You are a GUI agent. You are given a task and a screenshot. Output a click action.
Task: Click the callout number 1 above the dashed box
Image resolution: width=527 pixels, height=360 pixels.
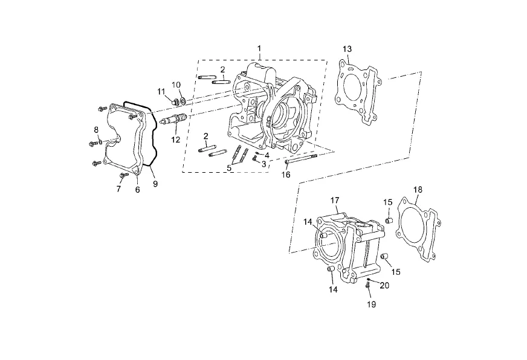click(259, 49)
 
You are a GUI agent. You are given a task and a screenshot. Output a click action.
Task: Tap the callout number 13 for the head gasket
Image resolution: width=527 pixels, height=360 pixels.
click(347, 49)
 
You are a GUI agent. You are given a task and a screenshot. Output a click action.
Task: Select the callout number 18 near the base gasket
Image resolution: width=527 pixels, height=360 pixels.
click(418, 190)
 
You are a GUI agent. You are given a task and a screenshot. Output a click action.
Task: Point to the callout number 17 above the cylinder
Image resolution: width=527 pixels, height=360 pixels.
click(335, 201)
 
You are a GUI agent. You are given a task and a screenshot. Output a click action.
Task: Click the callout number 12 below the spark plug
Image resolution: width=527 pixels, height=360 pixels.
click(176, 140)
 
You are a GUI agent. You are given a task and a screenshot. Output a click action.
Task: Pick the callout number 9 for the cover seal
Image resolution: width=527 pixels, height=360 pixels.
click(155, 184)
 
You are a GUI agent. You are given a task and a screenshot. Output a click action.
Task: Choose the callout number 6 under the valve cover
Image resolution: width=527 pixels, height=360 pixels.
click(137, 190)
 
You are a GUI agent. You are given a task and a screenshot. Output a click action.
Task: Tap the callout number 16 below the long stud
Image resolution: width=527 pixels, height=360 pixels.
click(286, 175)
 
